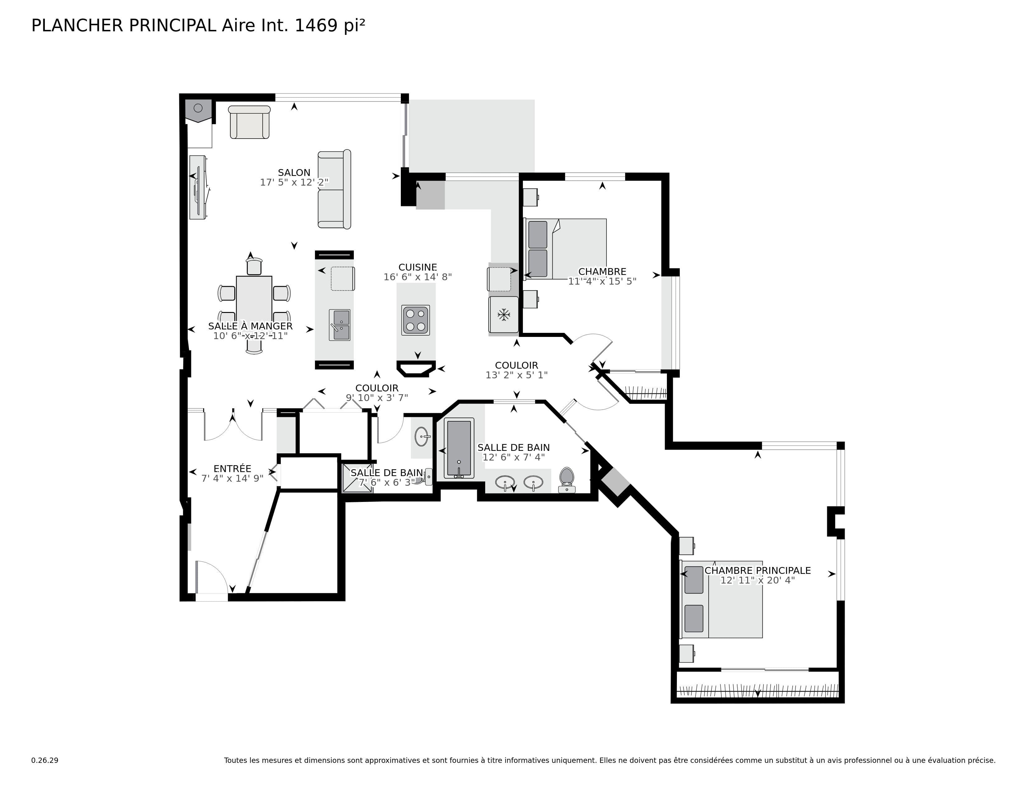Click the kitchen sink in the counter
tap(340, 324)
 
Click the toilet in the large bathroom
tap(567, 479)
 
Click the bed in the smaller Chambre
tap(566, 249)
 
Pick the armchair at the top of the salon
tap(249, 122)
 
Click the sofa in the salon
tap(334, 190)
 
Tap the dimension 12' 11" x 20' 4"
tap(757, 580)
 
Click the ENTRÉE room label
tap(232, 469)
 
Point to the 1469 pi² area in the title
tap(330, 26)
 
